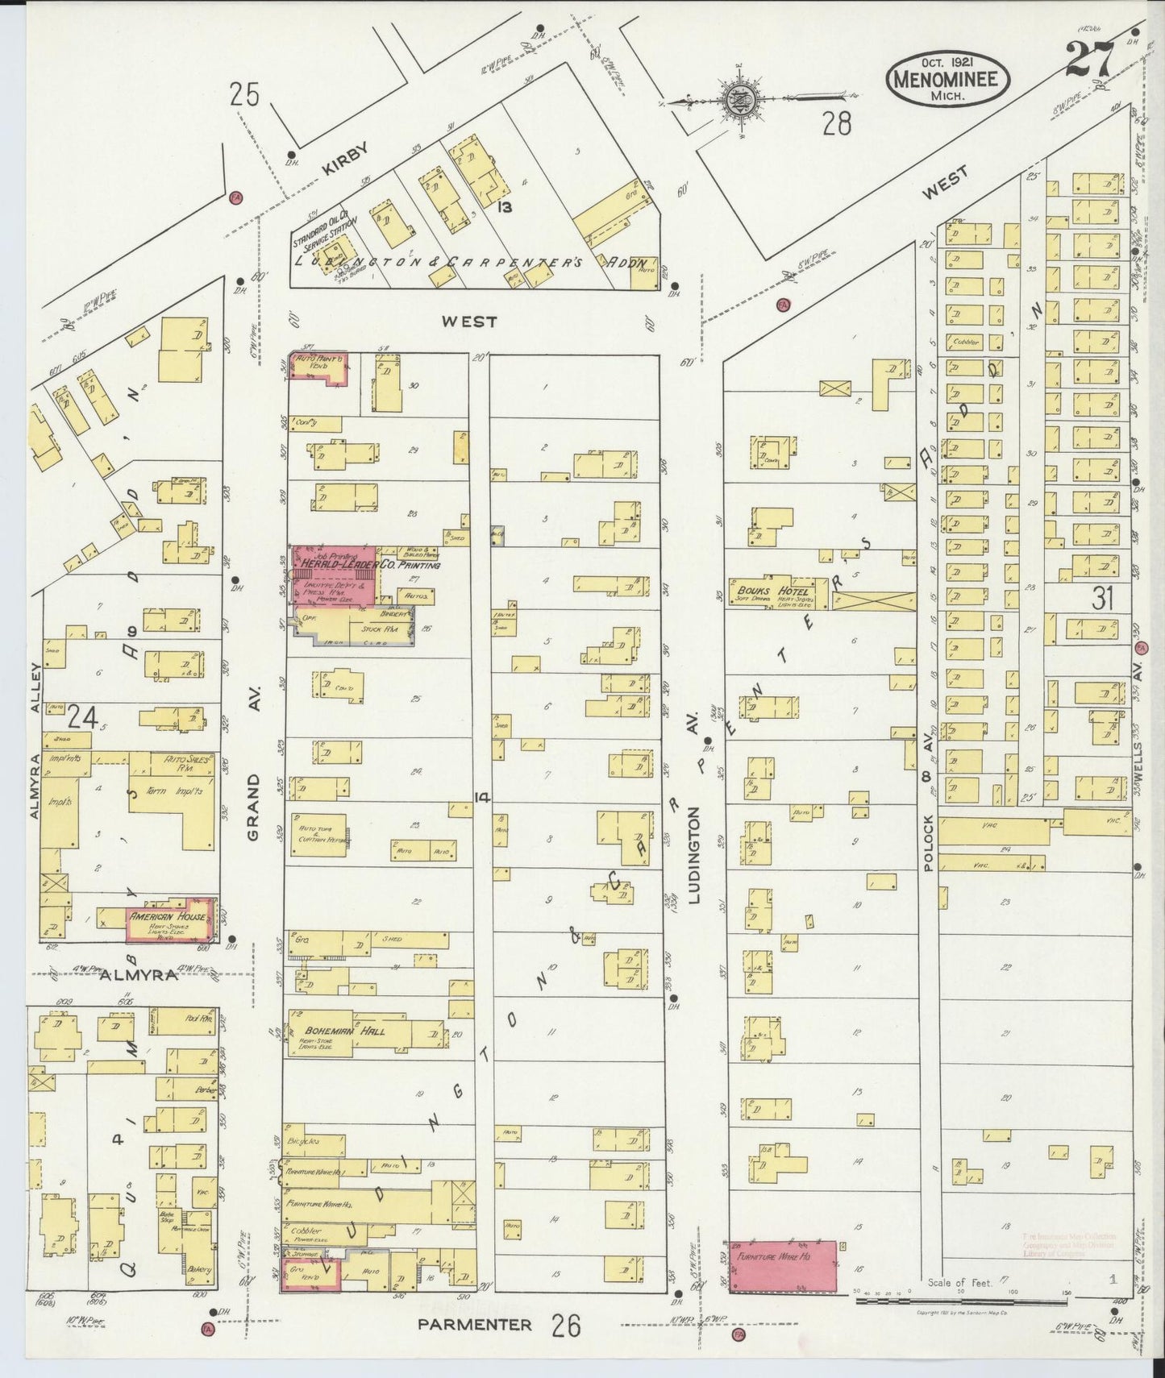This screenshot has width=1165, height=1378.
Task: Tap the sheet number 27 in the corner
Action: [1090, 58]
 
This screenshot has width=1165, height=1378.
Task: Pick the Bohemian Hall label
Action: [344, 1031]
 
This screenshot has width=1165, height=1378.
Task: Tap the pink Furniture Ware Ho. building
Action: [783, 1267]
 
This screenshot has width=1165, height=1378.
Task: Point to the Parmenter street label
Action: [475, 1324]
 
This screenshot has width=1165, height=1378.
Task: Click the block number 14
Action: [482, 798]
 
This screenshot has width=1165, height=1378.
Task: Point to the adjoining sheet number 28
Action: [837, 123]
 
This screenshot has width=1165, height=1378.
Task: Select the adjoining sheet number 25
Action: [244, 95]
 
